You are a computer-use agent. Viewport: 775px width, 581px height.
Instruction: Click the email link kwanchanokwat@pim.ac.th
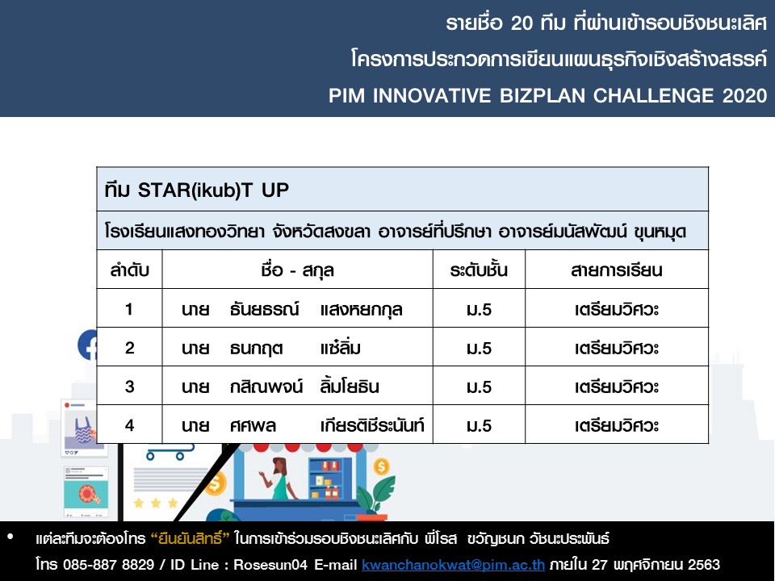coord(453,565)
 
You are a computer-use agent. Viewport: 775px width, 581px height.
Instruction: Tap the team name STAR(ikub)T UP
coord(213,190)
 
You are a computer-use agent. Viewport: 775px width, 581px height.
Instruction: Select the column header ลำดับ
coord(129,270)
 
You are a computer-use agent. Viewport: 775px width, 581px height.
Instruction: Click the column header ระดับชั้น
coord(479,270)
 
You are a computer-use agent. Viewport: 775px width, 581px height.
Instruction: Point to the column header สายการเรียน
coord(616,270)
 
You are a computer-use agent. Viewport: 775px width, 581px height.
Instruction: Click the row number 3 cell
coord(129,387)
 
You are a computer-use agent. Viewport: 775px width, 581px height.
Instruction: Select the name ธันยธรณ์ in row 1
coord(265,309)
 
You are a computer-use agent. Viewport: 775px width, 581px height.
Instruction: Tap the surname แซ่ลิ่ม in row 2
coord(340,348)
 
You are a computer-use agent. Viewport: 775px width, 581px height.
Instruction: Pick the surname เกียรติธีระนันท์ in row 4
coord(372,425)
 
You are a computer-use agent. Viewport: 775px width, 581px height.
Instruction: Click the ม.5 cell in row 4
coord(479,426)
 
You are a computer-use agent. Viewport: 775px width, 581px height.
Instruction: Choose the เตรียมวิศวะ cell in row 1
coord(616,310)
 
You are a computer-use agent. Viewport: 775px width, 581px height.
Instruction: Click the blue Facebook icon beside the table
coord(87,345)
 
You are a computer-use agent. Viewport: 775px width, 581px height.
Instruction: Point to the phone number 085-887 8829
coord(108,565)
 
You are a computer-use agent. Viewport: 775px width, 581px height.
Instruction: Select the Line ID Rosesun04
coord(270,565)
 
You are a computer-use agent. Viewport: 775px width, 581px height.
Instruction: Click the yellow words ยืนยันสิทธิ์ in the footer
coord(190,538)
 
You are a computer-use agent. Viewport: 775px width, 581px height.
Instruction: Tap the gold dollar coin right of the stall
coord(381,466)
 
